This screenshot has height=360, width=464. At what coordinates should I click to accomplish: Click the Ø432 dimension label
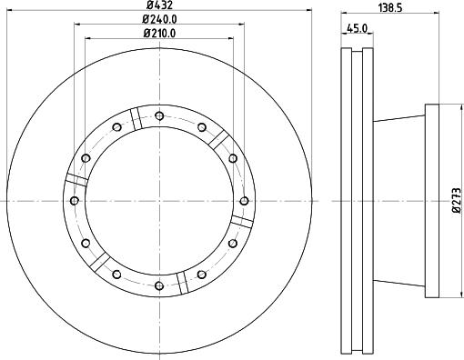click(159, 5)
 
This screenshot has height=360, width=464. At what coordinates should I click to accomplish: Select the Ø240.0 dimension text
click(159, 19)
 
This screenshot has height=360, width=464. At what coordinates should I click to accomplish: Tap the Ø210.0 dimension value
click(159, 33)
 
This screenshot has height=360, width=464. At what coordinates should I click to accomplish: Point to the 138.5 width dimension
click(390, 8)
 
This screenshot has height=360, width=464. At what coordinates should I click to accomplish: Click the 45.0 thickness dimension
click(358, 28)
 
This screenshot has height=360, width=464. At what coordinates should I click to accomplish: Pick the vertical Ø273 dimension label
click(457, 200)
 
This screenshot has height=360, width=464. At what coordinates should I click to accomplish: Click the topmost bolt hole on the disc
click(159, 115)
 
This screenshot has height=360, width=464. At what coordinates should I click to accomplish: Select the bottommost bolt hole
click(159, 285)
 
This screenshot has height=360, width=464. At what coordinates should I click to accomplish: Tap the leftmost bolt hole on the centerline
click(75, 200)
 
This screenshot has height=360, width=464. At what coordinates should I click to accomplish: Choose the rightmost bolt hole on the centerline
click(245, 201)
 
